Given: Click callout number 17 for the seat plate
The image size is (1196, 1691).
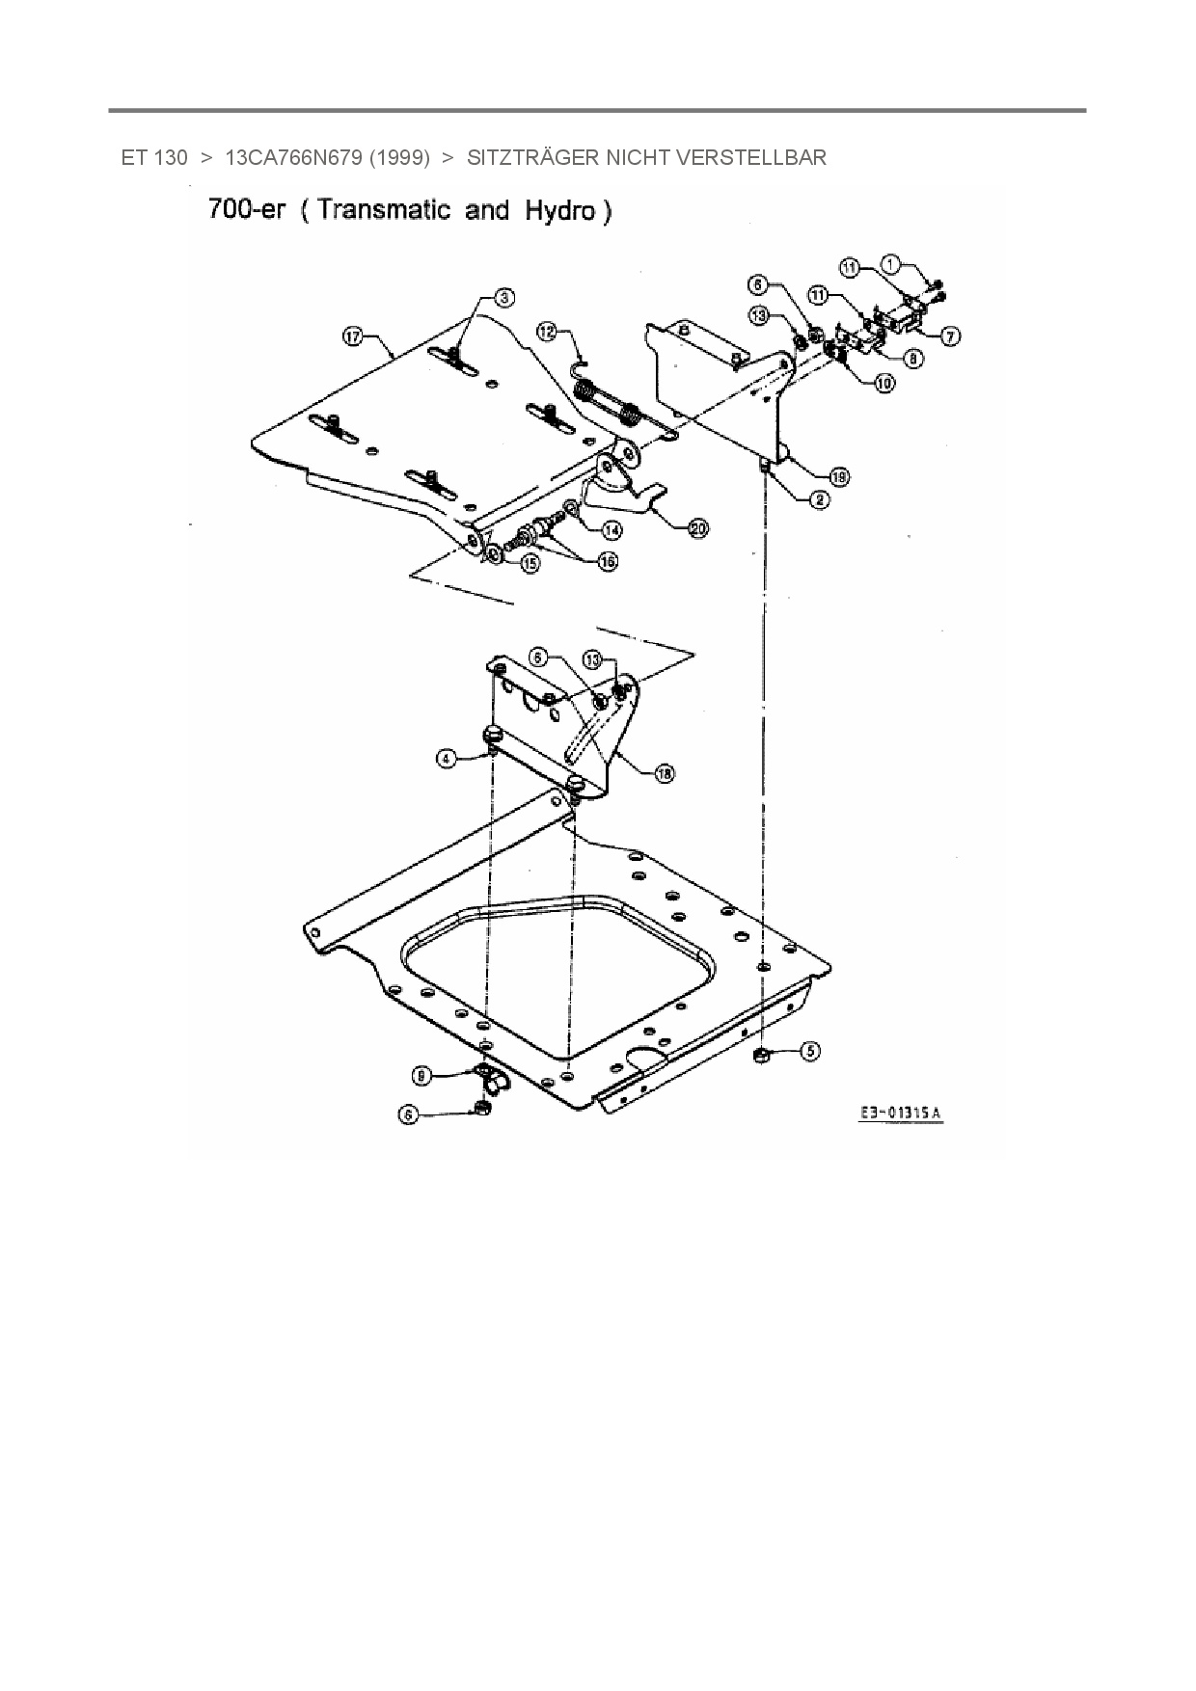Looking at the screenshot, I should pos(353,336).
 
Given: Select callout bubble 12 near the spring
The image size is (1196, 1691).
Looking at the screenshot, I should pos(548,332).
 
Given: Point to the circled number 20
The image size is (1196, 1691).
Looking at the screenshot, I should pos(697,527).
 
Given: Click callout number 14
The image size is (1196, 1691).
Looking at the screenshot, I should pos(612,529).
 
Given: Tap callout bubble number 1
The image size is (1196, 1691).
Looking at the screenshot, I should pos(891,262).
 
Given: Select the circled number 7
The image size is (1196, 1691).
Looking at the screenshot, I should pos(952,336).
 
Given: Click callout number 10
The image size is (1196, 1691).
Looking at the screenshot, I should pos(883,383).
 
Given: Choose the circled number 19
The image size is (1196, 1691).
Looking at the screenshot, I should pos(839,476).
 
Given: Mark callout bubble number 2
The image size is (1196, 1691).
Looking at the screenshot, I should pos(819,499).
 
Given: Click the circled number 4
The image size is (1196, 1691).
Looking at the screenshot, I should pos(446,759).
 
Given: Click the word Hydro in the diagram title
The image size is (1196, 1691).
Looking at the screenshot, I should pos(561,211).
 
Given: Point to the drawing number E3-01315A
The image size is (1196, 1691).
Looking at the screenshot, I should pos(902,1114).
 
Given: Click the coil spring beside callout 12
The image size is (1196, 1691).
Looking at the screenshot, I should pos(607,405).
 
